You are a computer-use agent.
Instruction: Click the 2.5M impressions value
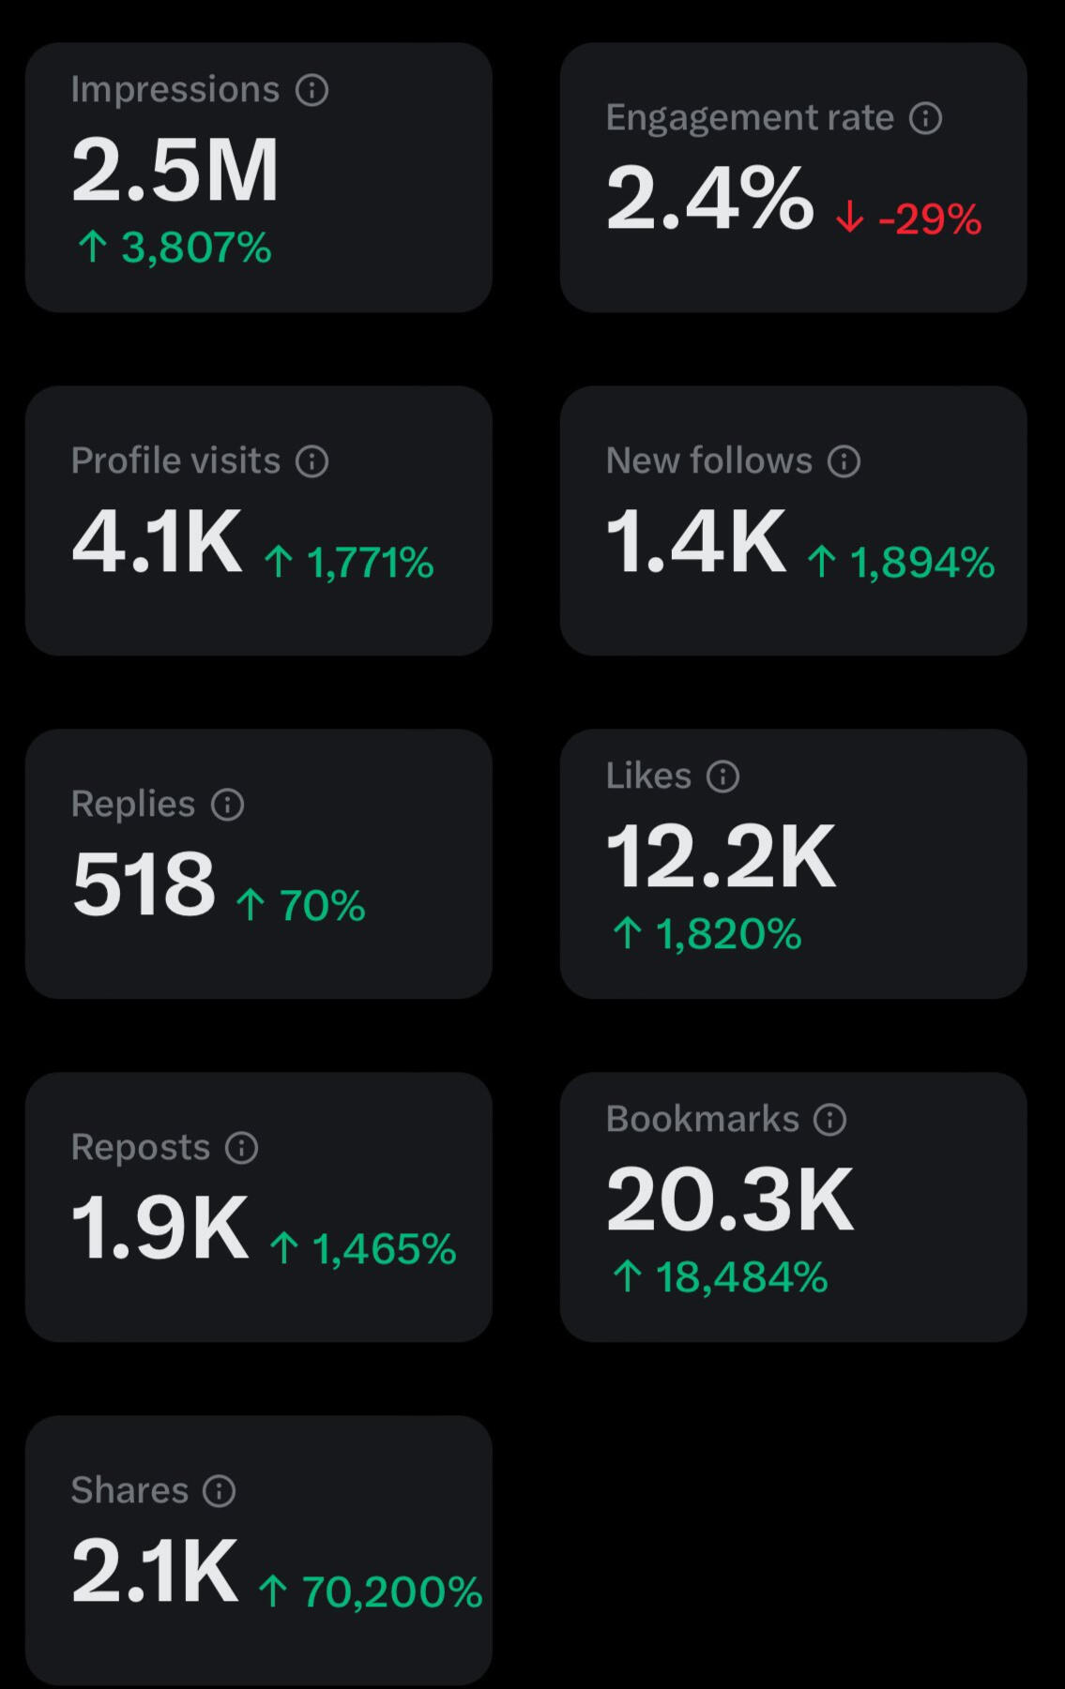pyautogui.click(x=175, y=171)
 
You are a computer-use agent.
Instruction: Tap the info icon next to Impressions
pyautogui.click(x=312, y=90)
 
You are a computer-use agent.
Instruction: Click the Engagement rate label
pyautogui.click(x=750, y=118)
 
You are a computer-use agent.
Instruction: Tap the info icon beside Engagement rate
pyautogui.click(x=926, y=118)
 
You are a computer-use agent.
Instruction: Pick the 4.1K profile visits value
pyautogui.click(x=158, y=542)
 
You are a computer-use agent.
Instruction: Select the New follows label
pyautogui.click(x=708, y=461)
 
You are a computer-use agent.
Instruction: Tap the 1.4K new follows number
pyautogui.click(x=696, y=542)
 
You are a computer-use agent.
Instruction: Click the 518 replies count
pyautogui.click(x=144, y=884)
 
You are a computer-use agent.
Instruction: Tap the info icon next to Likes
pyautogui.click(x=723, y=777)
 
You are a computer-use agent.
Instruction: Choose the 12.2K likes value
pyautogui.click(x=721, y=857)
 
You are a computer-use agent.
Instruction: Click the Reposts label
pyautogui.click(x=141, y=1148)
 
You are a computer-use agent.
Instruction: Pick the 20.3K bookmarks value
pyautogui.click(x=730, y=1200)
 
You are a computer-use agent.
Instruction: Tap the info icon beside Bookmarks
pyautogui.click(x=830, y=1120)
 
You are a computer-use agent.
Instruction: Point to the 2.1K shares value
pyautogui.click(x=155, y=1572)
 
